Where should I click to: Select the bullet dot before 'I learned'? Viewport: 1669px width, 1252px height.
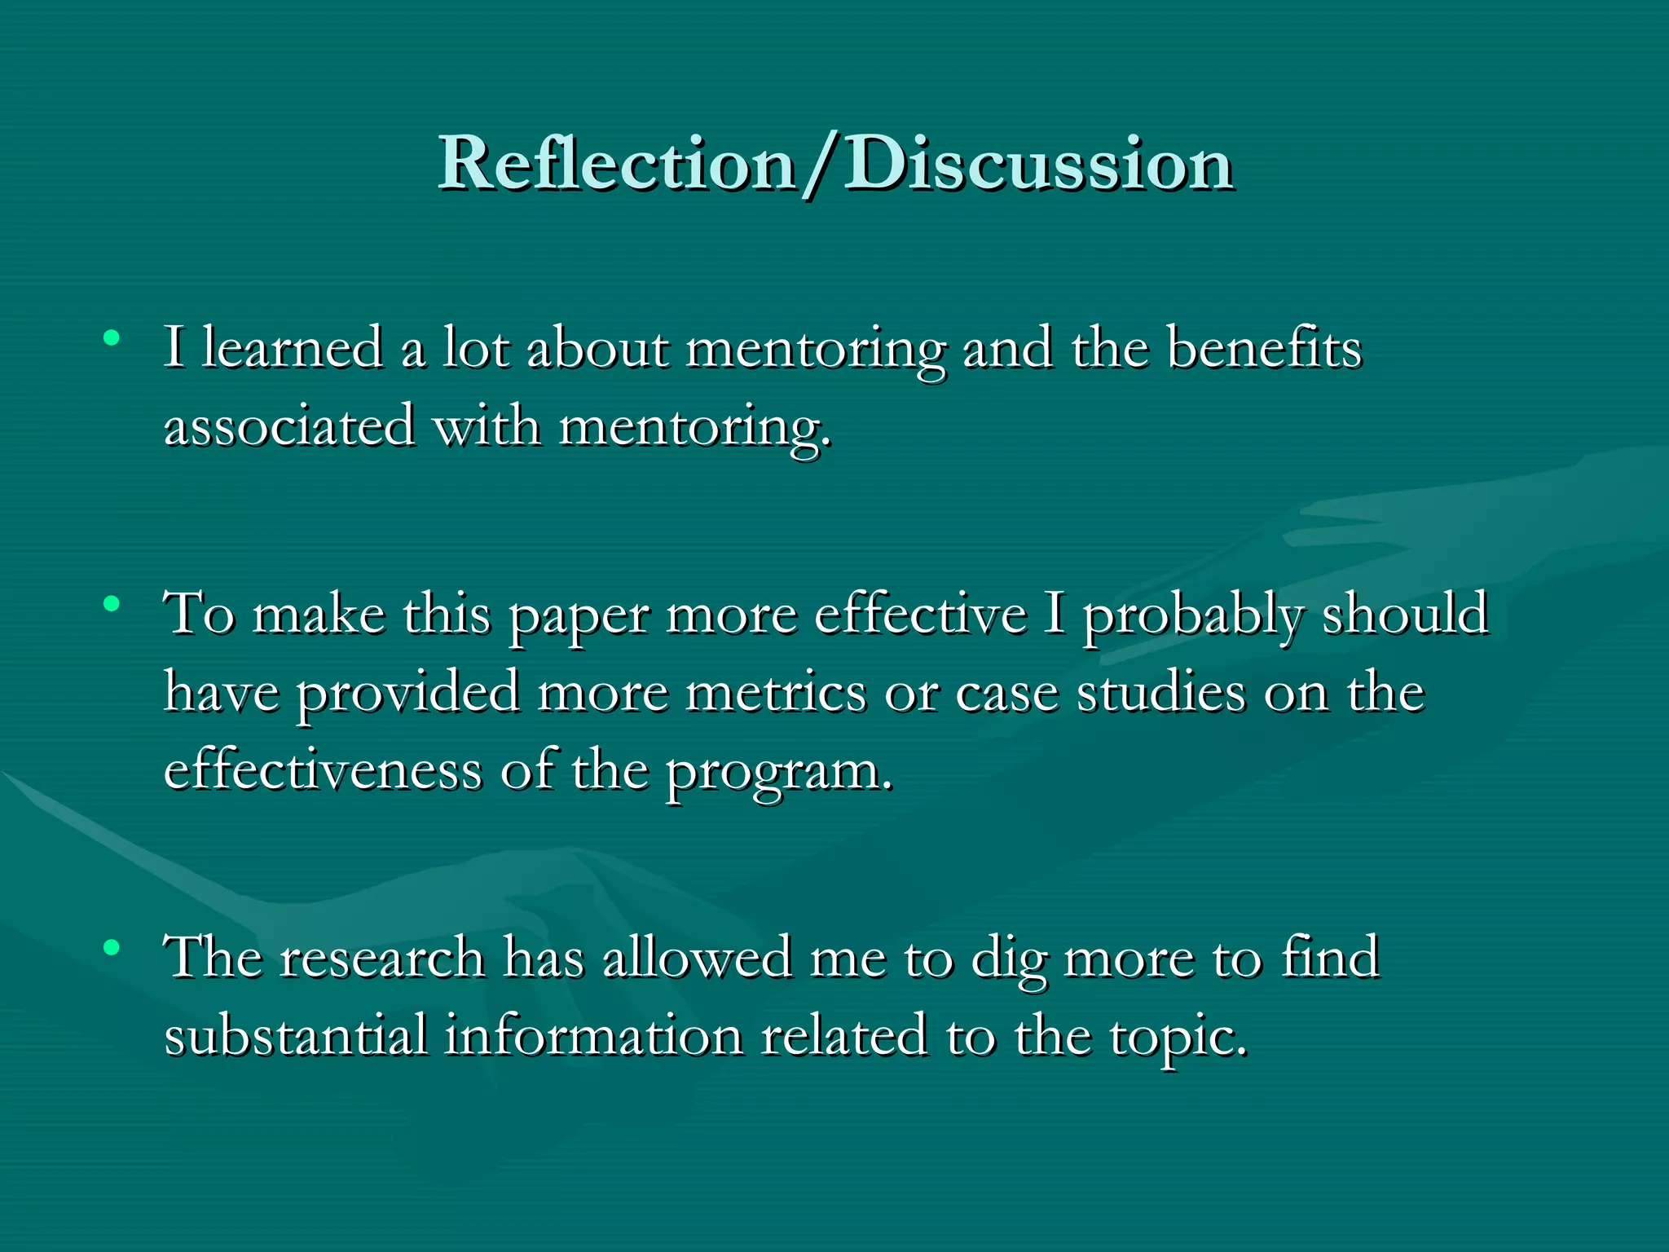[x=112, y=337]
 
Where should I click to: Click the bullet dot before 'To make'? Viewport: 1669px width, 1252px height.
[x=112, y=604]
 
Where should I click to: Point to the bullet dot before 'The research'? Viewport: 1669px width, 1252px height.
[x=112, y=947]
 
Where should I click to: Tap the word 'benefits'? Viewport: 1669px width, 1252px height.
[x=1264, y=348]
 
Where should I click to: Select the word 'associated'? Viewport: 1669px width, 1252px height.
[x=289, y=426]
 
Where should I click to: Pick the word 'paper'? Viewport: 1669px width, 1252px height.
[x=579, y=617]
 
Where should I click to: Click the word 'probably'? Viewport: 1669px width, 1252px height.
[x=1193, y=617]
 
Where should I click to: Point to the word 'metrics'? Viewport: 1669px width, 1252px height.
[x=776, y=694]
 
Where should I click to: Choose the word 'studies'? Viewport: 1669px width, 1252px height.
[x=1161, y=694]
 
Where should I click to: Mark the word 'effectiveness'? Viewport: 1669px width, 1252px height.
[x=323, y=770]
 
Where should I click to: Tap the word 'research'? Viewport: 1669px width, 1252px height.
[x=382, y=959]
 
